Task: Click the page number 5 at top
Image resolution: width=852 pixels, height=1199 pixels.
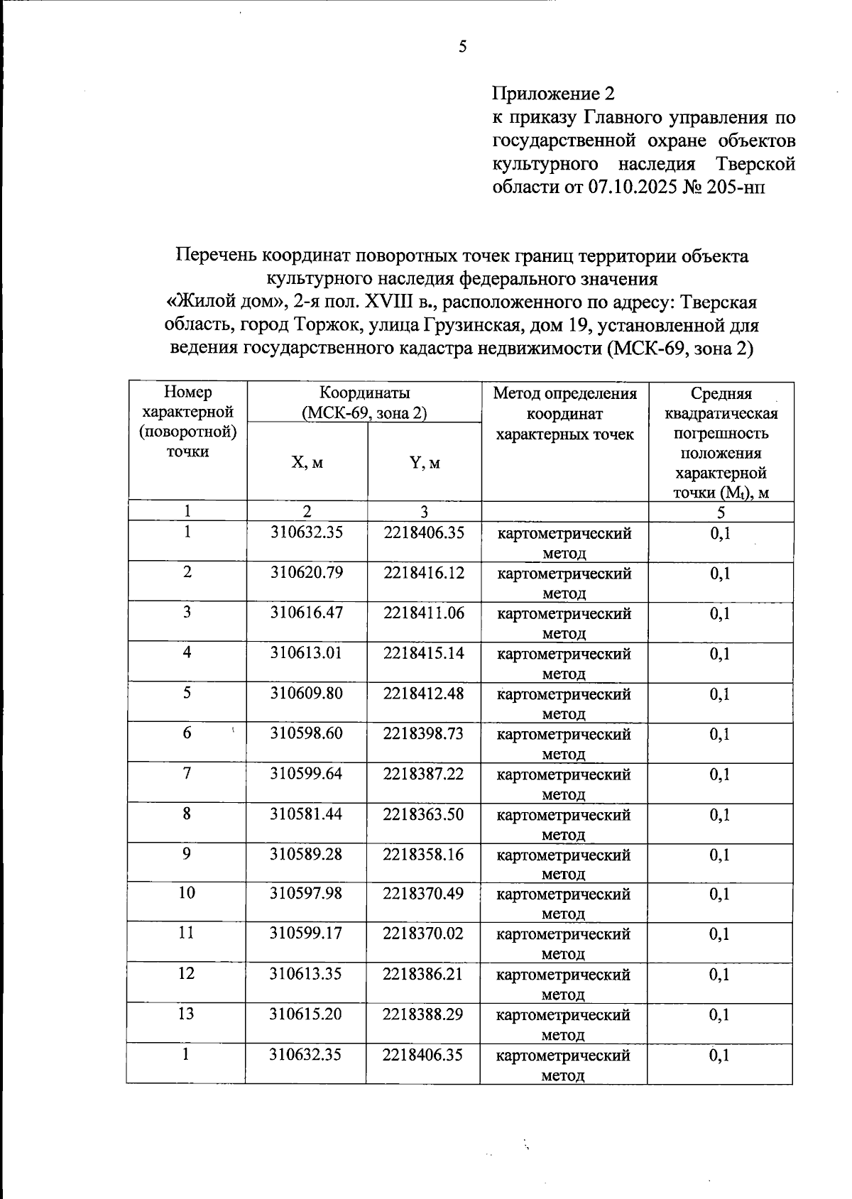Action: tap(462, 48)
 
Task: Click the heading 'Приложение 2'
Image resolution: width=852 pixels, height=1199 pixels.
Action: tap(553, 93)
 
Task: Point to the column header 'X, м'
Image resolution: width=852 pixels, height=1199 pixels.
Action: tap(307, 463)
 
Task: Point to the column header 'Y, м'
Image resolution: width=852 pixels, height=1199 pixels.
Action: tap(425, 463)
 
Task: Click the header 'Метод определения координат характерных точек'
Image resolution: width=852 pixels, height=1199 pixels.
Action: tap(565, 413)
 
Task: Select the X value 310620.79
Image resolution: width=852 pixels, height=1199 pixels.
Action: tap(306, 572)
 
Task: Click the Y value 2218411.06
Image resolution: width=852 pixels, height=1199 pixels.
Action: tap(424, 613)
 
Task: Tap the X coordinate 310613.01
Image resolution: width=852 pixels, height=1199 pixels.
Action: tap(306, 652)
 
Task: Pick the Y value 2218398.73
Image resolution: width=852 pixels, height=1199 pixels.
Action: tap(423, 733)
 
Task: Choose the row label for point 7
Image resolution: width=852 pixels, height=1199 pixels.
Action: tap(187, 773)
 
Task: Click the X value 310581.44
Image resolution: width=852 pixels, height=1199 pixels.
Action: tap(306, 814)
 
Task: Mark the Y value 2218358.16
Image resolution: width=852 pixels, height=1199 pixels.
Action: tap(423, 854)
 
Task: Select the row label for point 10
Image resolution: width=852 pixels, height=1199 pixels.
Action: tap(187, 893)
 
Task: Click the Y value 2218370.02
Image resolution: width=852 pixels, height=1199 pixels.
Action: tap(423, 933)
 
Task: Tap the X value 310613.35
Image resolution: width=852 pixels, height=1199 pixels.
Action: tap(306, 973)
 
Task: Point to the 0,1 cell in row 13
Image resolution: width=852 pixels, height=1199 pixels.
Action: tap(719, 1014)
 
